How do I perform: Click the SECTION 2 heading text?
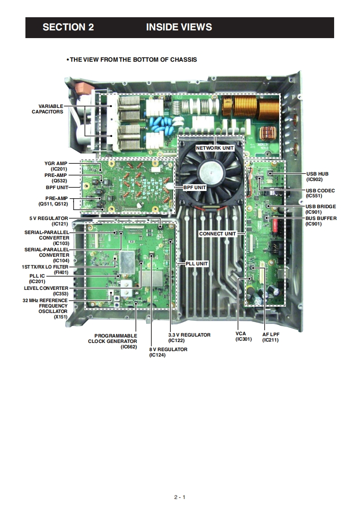pyautogui.click(x=68, y=27)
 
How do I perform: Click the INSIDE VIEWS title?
pyautogui.click(x=179, y=27)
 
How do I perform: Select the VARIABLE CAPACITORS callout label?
pyautogui.click(x=47, y=109)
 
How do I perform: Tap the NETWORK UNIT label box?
pyautogui.click(x=215, y=148)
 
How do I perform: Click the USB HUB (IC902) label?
pyautogui.click(x=317, y=176)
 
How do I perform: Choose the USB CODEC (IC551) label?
pyautogui.click(x=321, y=193)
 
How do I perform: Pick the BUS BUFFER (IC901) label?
pyautogui.click(x=321, y=221)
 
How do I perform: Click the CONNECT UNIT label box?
pyautogui.click(x=217, y=234)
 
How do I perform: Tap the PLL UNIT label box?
pyautogui.click(x=196, y=264)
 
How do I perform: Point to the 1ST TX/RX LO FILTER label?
pyautogui.click(x=45, y=269)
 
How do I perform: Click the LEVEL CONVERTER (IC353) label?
pyautogui.click(x=46, y=291)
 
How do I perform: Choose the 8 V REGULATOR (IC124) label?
pyautogui.click(x=168, y=352)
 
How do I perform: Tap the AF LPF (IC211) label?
pyautogui.click(x=270, y=337)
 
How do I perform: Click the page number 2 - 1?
pyautogui.click(x=180, y=497)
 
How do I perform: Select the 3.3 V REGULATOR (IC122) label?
pyautogui.click(x=189, y=338)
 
